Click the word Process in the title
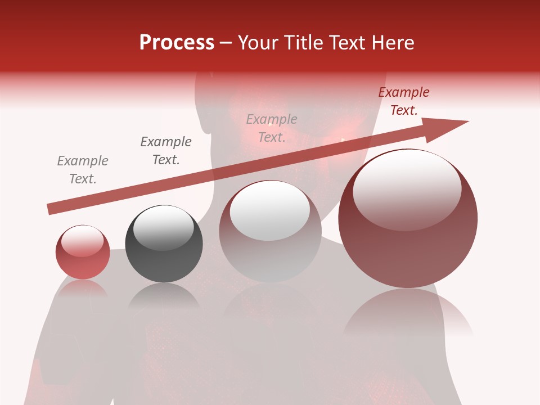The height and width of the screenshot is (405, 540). point(177,43)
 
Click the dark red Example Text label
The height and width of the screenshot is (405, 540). point(403,101)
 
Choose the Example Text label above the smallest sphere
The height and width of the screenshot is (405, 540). point(83,170)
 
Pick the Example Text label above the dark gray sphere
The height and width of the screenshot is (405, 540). point(165,151)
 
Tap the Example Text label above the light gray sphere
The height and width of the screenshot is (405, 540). point(271,128)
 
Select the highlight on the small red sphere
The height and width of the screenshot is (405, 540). point(82,241)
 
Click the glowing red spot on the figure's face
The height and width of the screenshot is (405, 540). point(342,138)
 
